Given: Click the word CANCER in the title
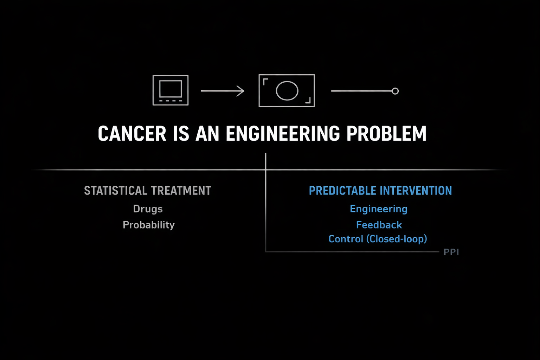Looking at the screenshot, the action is tap(132, 133).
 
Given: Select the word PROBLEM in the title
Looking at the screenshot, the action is tap(386, 133).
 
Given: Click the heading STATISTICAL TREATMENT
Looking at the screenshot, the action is tap(148, 191).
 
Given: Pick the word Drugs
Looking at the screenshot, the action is tap(148, 209).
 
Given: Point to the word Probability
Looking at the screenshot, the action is tap(148, 225).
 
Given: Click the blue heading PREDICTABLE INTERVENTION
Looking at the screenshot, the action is tap(380, 191).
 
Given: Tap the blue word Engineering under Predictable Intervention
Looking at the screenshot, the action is tap(379, 209).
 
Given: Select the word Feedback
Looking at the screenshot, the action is tap(379, 225).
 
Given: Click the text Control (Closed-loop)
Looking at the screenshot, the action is tap(378, 239).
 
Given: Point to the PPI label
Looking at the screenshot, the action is tap(451, 252).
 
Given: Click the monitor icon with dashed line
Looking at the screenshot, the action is tap(171, 90).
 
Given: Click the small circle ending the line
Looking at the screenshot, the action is tap(395, 91).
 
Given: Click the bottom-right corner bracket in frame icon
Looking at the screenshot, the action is tap(310, 102).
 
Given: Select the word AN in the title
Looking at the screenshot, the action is tap(207, 133).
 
